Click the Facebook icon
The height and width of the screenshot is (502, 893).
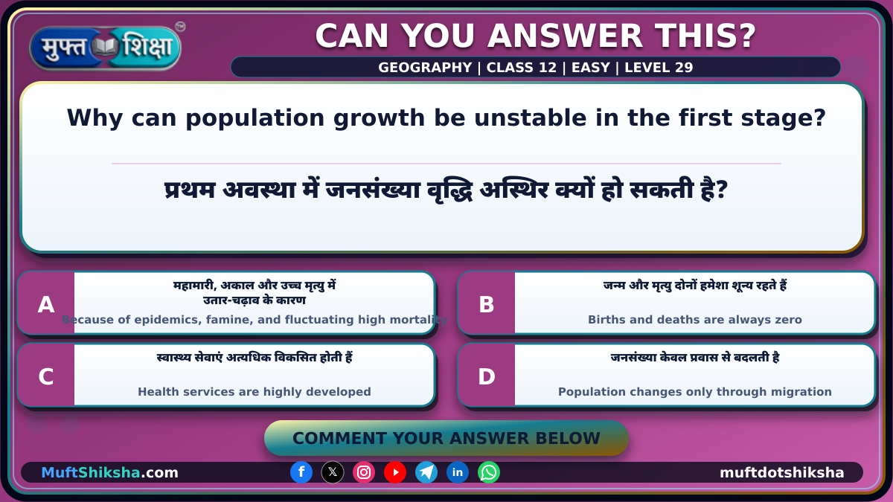301,472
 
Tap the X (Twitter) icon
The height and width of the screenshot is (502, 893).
333,472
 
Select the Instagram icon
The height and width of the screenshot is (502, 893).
364,472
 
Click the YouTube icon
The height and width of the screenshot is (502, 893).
395,472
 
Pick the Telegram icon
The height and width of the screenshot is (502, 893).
426,472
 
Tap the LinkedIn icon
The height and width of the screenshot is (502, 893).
457,472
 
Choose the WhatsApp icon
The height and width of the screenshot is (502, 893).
489,472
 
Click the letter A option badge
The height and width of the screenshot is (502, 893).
46,304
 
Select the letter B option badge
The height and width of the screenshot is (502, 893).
487,304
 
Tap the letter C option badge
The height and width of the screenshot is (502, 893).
46,376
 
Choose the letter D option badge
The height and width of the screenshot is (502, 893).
487,376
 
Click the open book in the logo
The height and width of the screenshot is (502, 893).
105,48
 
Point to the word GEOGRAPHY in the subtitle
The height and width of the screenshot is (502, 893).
425,68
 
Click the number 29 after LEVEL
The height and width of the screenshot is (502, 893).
684,68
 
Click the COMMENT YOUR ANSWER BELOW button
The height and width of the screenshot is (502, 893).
446,438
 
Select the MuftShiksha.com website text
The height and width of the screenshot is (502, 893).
109,472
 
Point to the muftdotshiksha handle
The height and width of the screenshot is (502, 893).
782,472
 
